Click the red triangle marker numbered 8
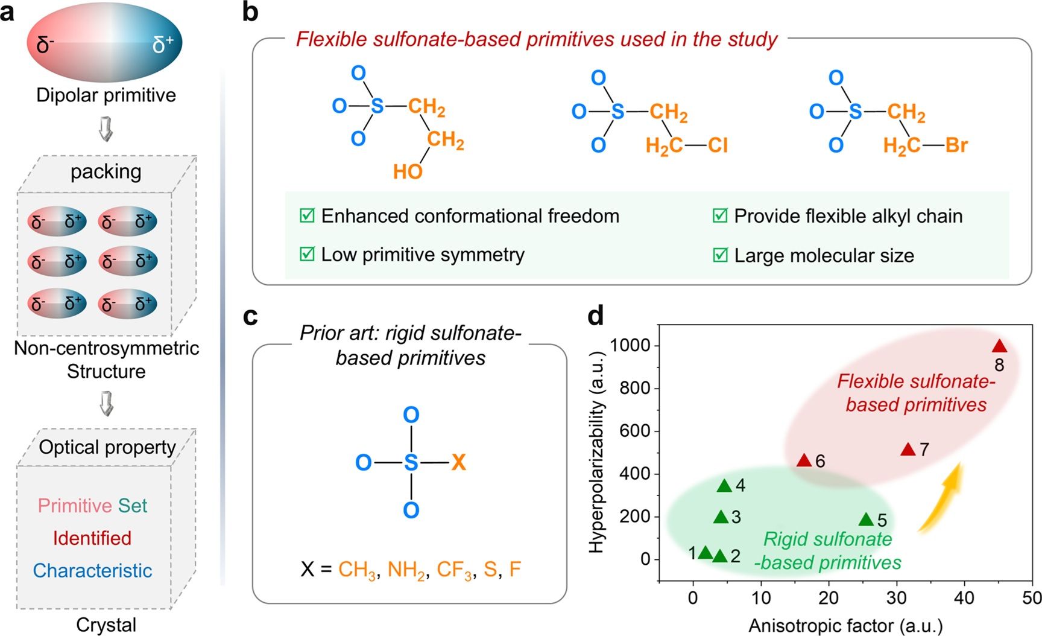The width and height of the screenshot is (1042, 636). click(x=999, y=346)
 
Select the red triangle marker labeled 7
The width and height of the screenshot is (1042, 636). click(x=908, y=450)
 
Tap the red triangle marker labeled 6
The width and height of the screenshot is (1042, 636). click(x=804, y=460)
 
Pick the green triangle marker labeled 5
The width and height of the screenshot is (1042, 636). click(x=866, y=520)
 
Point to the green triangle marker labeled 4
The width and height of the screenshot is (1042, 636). click(x=724, y=486)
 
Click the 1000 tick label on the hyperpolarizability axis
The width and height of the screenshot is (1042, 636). click(x=630, y=345)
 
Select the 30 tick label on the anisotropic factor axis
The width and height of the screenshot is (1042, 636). click(x=896, y=597)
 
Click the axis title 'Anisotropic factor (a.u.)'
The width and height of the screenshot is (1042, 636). click(x=845, y=626)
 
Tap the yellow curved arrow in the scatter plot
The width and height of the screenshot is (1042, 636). click(x=941, y=498)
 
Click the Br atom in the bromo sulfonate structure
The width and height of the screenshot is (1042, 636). click(x=956, y=145)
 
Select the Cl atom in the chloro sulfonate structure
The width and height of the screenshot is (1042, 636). click(x=718, y=145)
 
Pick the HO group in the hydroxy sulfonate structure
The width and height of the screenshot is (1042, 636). click(x=408, y=172)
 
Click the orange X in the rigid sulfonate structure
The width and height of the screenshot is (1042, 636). click(x=458, y=462)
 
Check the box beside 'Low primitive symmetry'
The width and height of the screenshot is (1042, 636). click(x=307, y=254)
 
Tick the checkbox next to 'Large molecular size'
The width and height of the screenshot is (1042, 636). click(x=720, y=255)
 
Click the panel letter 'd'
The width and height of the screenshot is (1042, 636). click(x=596, y=315)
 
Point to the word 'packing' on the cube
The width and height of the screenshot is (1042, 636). click(x=106, y=171)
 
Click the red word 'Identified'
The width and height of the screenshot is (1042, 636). click(x=92, y=538)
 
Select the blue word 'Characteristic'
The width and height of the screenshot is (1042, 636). click(x=92, y=570)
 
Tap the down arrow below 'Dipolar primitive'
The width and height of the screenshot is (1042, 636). click(x=106, y=129)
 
